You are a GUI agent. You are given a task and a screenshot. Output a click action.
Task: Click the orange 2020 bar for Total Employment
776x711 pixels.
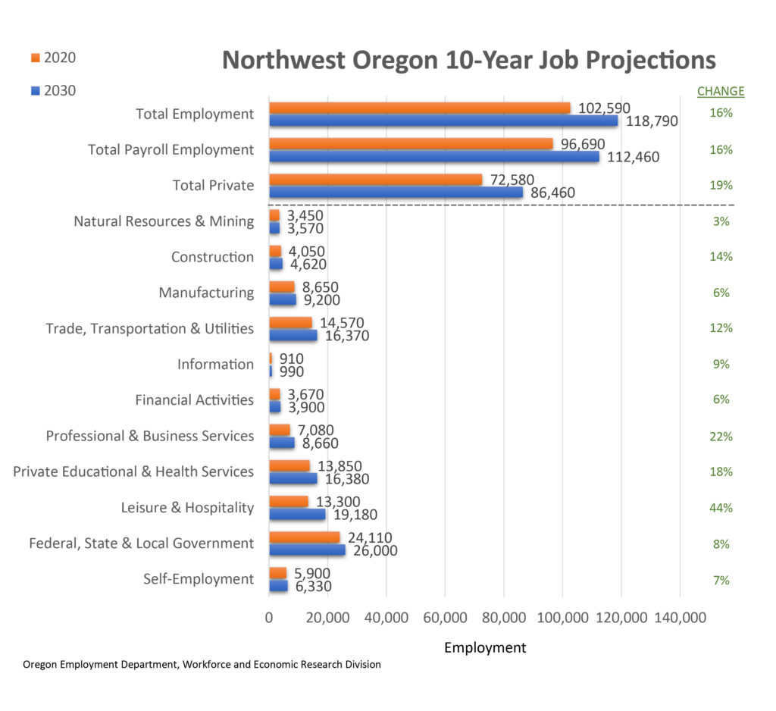click(419, 108)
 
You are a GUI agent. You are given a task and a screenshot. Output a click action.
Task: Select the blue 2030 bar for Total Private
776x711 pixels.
click(396, 193)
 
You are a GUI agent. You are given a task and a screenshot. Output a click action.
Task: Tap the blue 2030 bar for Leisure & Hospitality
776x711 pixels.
click(297, 515)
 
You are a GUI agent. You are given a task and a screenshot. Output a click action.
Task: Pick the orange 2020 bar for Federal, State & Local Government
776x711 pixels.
click(304, 537)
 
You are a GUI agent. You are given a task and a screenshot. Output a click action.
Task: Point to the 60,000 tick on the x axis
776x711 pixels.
click(445, 618)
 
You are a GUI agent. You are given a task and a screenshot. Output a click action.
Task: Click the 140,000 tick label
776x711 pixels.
click(679, 618)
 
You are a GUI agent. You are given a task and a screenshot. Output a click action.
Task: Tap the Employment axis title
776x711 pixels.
click(484, 647)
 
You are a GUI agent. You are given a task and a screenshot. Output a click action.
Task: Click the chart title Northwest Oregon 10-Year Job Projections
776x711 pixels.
click(468, 60)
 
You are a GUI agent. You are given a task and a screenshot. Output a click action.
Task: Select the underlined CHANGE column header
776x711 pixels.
click(720, 92)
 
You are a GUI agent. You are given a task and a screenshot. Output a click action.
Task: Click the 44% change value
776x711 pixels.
click(721, 508)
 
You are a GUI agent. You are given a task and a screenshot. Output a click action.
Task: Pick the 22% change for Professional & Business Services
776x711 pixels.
click(721, 437)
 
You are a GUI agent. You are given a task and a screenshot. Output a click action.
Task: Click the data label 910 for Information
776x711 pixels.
click(291, 359)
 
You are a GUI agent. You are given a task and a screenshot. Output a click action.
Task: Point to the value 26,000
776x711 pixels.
click(374, 551)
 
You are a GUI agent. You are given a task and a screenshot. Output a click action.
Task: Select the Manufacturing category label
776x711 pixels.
click(206, 293)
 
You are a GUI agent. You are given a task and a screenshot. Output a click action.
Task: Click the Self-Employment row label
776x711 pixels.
click(199, 579)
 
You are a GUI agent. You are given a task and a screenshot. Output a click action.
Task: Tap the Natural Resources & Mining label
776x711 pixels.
click(164, 221)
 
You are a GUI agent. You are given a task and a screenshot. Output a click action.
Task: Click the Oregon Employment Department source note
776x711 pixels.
click(202, 665)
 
